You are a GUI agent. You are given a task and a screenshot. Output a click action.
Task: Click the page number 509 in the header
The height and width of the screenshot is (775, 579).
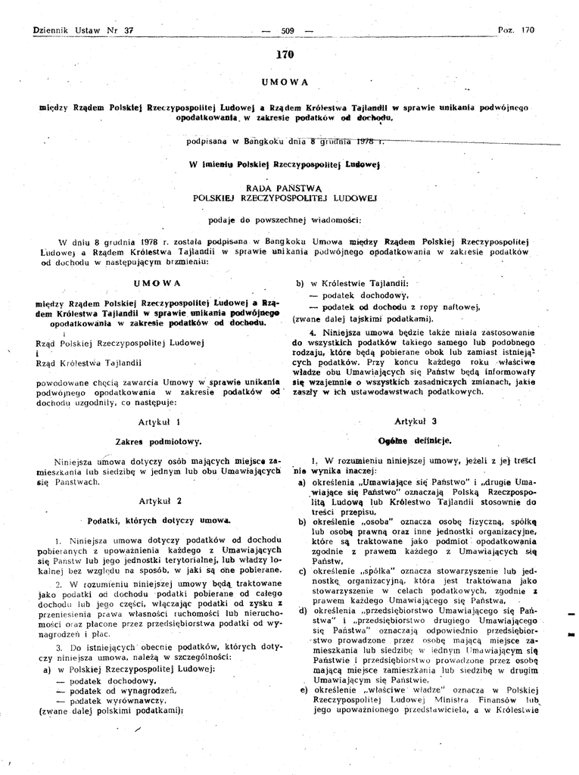tap(287, 30)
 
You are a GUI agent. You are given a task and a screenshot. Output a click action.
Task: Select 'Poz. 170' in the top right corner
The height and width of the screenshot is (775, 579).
tap(516, 30)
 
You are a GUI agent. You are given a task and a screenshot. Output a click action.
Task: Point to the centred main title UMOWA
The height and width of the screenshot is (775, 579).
tap(285, 81)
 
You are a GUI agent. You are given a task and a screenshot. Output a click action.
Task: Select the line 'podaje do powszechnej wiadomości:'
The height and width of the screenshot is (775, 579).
tap(285, 220)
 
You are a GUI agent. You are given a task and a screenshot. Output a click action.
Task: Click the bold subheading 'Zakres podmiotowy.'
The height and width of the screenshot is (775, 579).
tap(158, 440)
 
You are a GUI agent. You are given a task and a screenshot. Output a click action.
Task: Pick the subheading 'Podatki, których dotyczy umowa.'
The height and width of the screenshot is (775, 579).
tap(159, 521)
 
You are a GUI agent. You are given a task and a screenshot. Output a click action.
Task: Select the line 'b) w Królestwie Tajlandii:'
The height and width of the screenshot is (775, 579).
tap(352, 283)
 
